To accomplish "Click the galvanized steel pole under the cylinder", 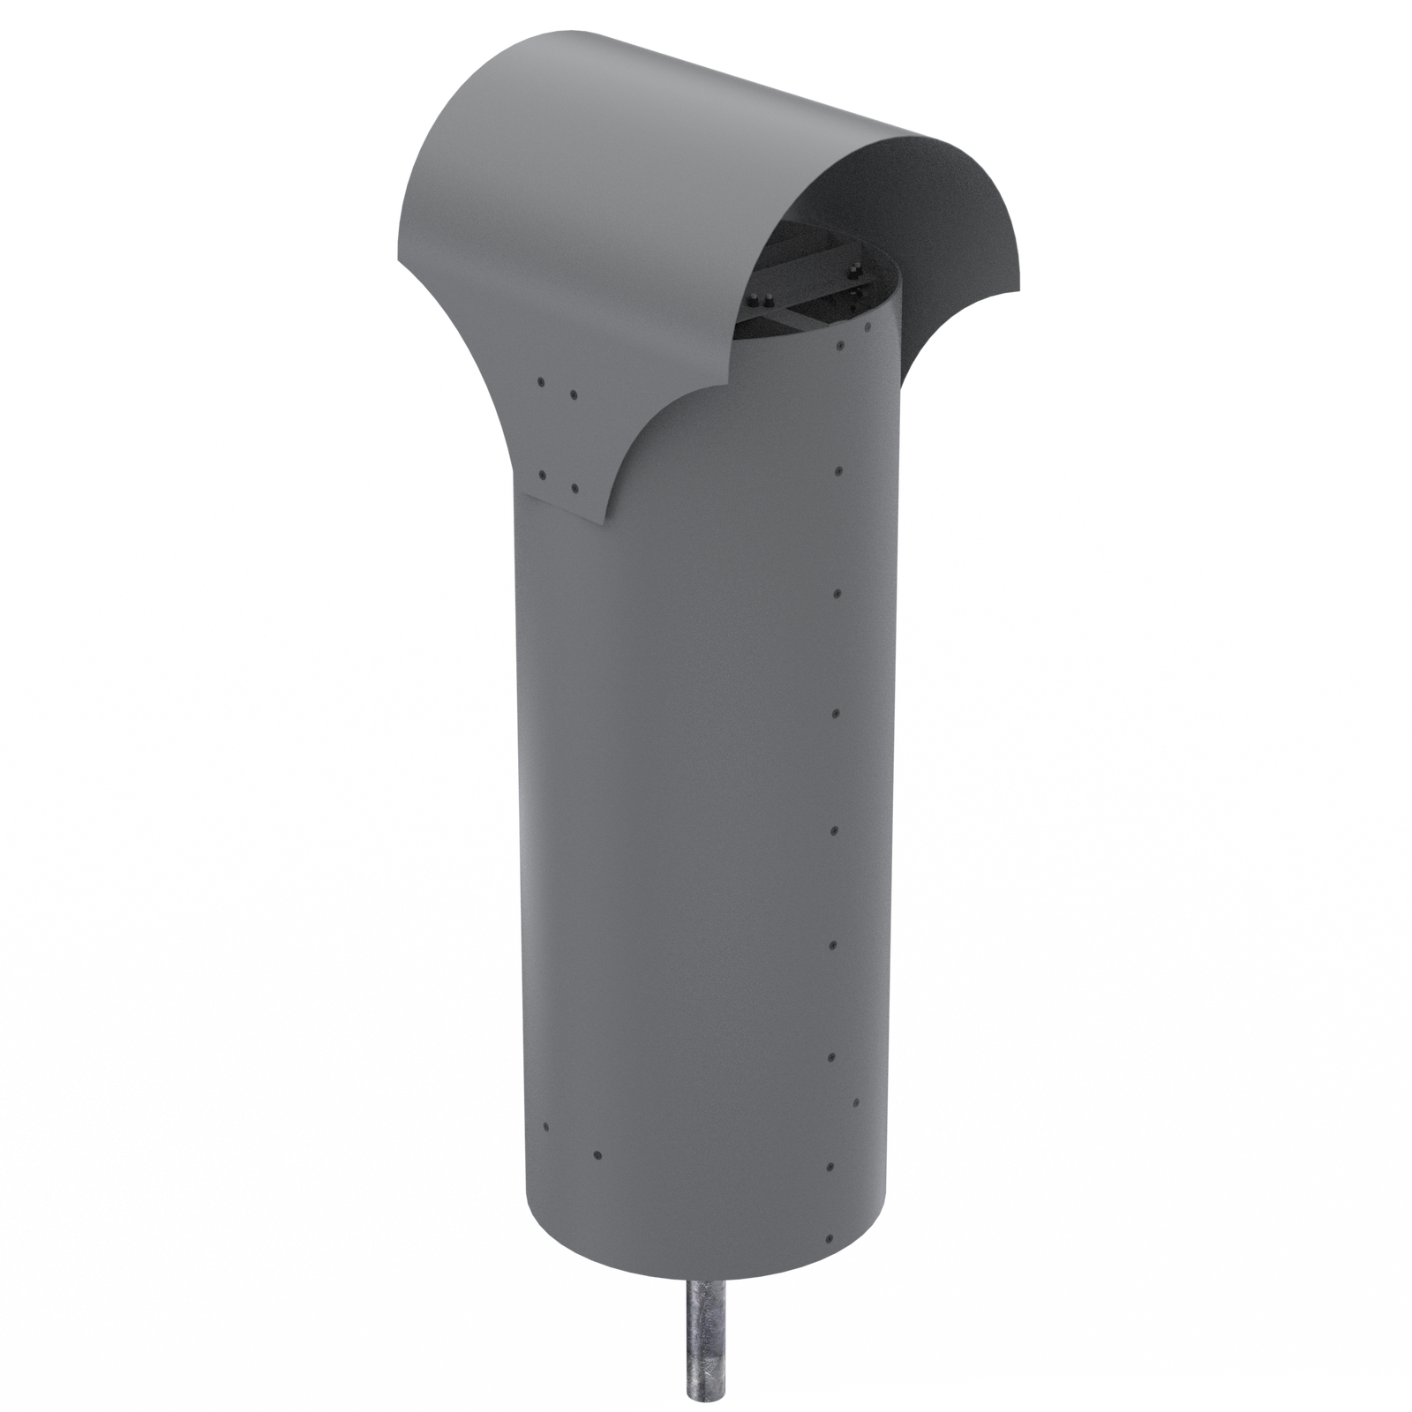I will [x=707, y=1341].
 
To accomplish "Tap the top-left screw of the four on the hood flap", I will [x=540, y=381].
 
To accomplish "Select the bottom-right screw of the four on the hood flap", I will [x=574, y=486].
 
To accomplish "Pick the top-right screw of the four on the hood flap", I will [x=574, y=394].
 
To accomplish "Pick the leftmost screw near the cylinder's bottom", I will [x=546, y=1127].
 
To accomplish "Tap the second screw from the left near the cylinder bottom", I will [x=597, y=1153].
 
